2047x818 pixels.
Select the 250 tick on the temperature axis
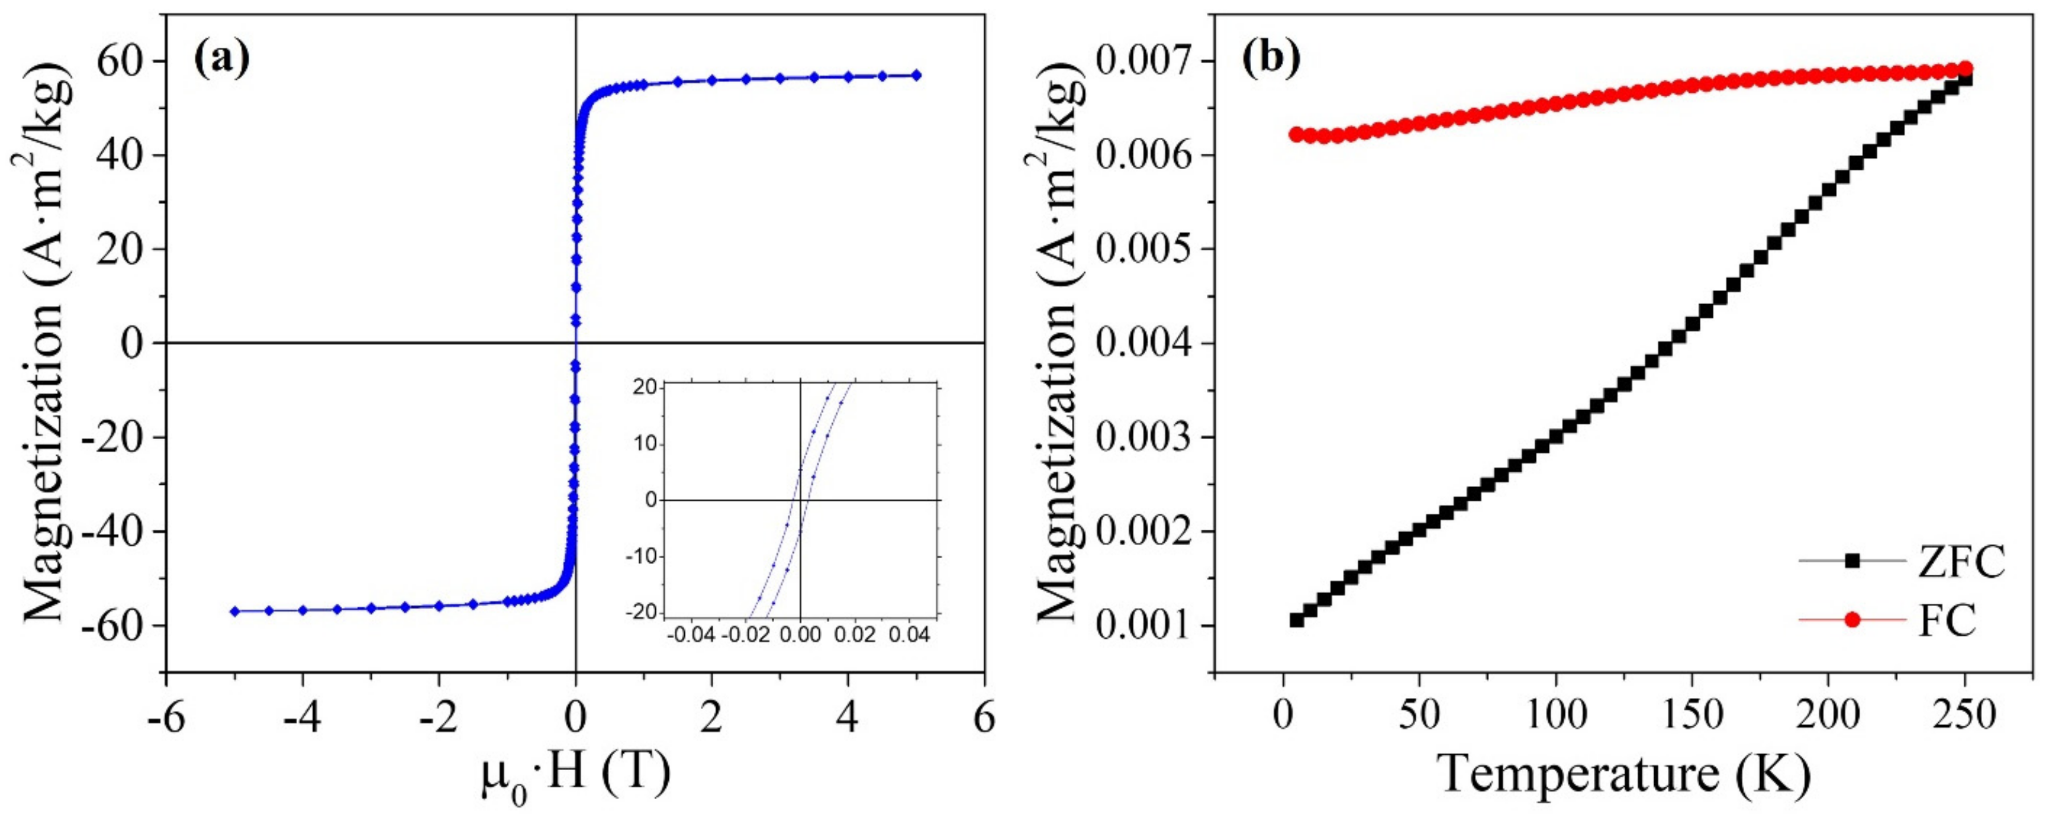(1963, 716)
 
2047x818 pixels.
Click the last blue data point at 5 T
(916, 75)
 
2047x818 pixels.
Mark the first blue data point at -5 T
(235, 611)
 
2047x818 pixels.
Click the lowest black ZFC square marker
(1297, 619)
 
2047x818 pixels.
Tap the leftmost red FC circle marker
(1296, 134)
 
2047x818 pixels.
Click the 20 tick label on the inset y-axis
(644, 386)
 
